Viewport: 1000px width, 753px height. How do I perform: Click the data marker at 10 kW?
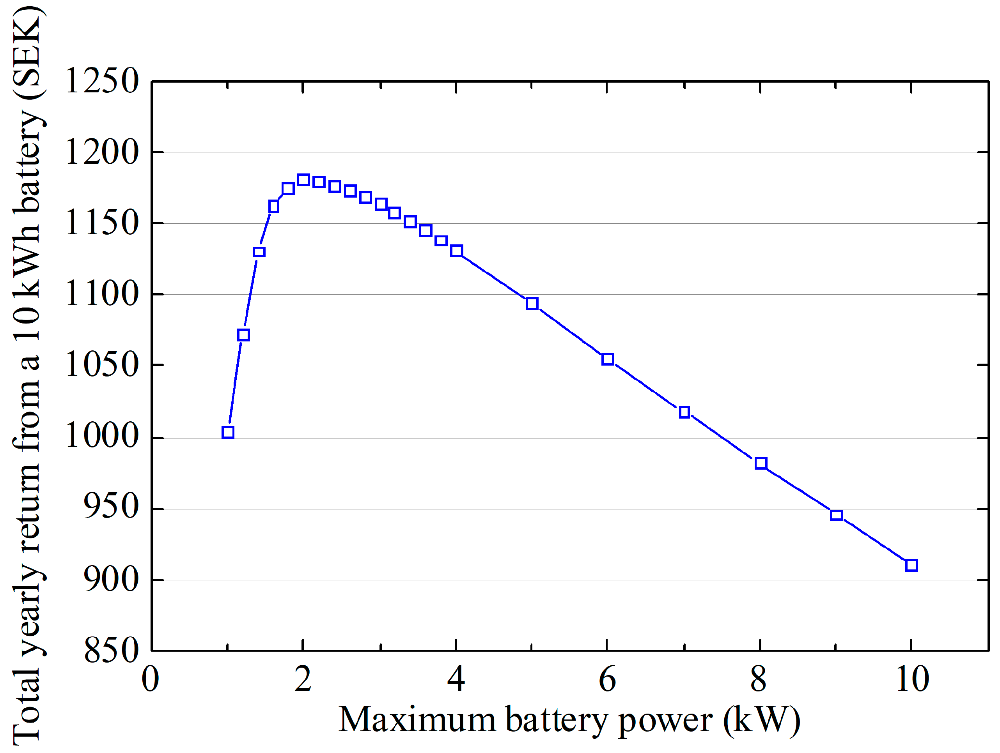[911, 565]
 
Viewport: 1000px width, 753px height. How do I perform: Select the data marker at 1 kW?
[228, 432]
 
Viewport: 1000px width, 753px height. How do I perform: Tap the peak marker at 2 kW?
[303, 180]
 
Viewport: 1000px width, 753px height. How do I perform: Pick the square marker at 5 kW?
[532, 303]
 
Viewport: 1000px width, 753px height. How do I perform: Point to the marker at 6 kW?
[608, 359]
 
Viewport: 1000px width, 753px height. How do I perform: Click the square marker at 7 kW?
[684, 412]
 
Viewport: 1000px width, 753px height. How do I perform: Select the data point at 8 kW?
[761, 463]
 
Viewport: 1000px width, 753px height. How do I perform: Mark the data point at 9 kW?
[836, 515]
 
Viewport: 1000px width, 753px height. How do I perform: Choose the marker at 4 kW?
[457, 251]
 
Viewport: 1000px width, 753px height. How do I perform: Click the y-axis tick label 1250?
[102, 81]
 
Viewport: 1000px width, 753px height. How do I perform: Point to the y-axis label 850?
[111, 650]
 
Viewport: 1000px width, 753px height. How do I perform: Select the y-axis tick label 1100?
[102, 294]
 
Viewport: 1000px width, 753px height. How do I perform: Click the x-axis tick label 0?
[151, 679]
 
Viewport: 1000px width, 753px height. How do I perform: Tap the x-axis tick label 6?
[607, 679]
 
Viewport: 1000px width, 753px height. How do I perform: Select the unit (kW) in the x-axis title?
[761, 721]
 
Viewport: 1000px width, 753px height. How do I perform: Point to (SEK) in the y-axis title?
[28, 52]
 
